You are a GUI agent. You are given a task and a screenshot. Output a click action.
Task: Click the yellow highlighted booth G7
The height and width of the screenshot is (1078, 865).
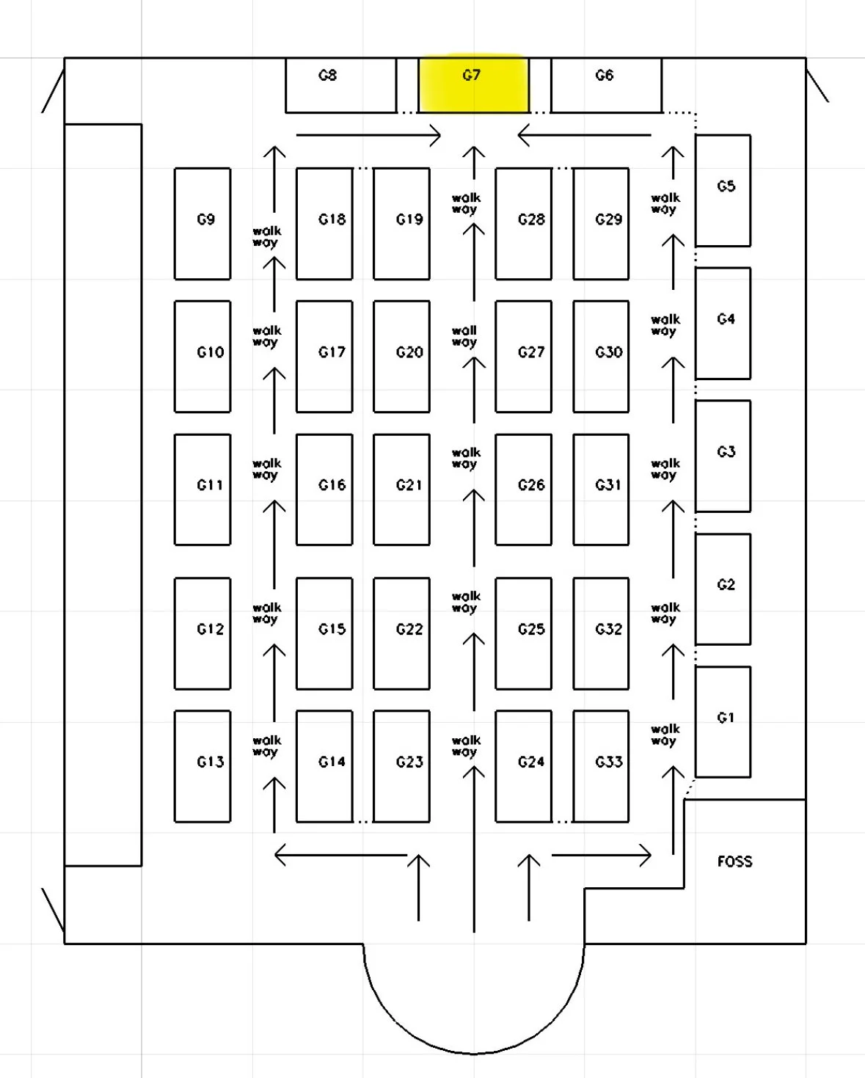coord(473,85)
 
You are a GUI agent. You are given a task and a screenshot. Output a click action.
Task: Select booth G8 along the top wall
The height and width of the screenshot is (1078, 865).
coord(340,85)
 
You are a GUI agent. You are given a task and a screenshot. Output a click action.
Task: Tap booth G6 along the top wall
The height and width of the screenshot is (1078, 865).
coord(606,85)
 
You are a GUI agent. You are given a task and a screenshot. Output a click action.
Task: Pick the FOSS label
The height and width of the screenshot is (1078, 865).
coord(734,862)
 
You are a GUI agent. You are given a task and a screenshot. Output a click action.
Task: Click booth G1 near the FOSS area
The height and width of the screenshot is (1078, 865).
coord(723,721)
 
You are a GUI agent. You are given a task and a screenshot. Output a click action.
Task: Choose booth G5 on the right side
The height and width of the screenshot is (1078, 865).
coord(723,190)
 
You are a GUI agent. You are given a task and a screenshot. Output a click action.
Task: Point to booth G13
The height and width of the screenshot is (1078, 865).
coord(202,765)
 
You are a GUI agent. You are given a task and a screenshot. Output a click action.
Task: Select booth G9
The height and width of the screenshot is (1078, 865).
coord(202,223)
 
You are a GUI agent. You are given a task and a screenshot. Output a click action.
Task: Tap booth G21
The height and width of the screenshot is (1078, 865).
coord(401,489)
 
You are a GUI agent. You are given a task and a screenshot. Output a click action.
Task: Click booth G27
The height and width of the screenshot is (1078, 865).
coord(523,356)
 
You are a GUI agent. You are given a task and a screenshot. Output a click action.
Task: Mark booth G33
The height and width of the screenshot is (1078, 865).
coord(601,765)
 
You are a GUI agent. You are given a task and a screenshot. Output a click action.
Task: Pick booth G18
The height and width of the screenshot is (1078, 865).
coord(324,223)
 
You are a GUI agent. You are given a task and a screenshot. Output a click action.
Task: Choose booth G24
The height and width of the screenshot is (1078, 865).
coord(523,765)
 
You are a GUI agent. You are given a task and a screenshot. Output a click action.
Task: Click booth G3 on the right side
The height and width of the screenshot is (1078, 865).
coord(723,456)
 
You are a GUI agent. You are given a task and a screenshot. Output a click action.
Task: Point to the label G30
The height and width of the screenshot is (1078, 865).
coord(609,352)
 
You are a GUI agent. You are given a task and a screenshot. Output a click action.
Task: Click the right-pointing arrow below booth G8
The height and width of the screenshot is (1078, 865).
coord(368,135)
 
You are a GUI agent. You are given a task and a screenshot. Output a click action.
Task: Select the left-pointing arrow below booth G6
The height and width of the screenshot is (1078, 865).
coord(584,135)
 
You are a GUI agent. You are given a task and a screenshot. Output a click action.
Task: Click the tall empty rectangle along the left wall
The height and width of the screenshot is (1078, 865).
coord(103,495)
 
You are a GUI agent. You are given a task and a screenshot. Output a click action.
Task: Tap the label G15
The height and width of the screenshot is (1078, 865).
coord(332,629)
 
